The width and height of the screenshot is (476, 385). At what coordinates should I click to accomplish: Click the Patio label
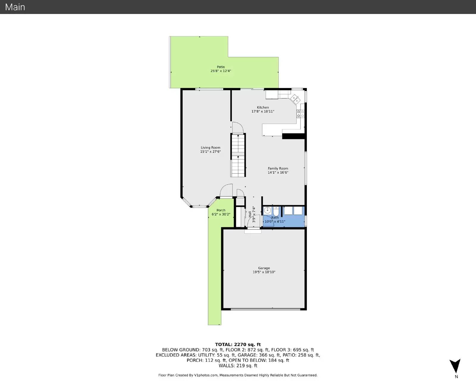tap(221, 67)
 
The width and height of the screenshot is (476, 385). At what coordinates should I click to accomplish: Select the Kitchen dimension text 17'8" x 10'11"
tap(263, 112)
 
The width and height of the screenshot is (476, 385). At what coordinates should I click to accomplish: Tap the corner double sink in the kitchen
tap(295, 99)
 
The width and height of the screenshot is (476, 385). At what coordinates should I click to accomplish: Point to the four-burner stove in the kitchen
tap(300, 114)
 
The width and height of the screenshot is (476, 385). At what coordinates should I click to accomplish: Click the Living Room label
tap(210, 148)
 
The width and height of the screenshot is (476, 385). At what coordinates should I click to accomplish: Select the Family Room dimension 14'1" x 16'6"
tap(278, 173)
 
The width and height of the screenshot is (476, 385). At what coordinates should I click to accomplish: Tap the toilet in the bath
tap(276, 211)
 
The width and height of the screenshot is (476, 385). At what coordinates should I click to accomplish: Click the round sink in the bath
tap(267, 211)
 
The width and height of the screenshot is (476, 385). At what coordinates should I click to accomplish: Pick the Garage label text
tap(264, 268)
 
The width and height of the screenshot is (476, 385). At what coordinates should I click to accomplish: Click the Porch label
tap(221, 210)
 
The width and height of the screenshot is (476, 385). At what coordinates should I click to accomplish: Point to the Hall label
tap(250, 214)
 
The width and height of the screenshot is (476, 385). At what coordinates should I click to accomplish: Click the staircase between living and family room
tap(238, 155)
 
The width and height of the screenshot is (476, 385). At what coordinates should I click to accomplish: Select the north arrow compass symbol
tap(455, 366)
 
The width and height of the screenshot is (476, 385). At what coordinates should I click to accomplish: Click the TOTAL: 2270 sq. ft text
tap(238, 345)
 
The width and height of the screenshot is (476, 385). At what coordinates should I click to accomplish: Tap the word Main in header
tap(15, 7)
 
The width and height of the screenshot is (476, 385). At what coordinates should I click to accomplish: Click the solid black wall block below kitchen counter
tap(293, 136)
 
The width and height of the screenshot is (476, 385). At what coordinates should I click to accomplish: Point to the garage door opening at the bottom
tap(265, 309)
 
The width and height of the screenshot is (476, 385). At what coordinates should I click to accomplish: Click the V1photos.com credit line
tap(238, 375)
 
